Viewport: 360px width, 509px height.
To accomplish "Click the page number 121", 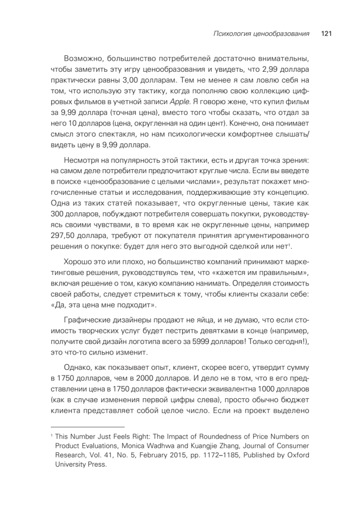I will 326,34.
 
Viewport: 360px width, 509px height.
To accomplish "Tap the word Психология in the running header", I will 229,34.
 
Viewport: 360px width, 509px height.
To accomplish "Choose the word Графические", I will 88,322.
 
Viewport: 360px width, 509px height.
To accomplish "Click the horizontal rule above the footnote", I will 87,427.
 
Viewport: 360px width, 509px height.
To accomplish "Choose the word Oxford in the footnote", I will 298,456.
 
